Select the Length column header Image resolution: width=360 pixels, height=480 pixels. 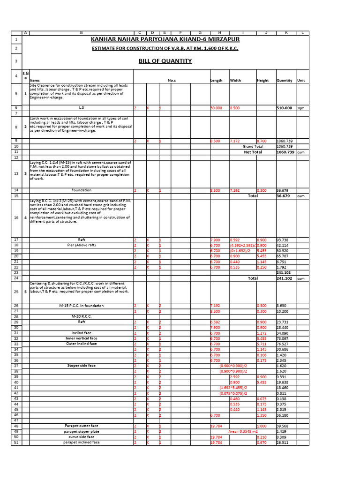(x=216, y=80)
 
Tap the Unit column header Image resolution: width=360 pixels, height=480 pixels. (x=300, y=80)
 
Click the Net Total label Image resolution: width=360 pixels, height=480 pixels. (x=253, y=152)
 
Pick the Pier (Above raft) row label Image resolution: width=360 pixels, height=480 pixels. (x=81, y=245)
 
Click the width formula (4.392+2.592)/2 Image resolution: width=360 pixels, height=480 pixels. (x=242, y=245)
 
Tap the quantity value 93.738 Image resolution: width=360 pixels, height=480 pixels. (x=283, y=240)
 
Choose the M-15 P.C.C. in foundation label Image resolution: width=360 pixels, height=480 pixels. (x=81, y=306)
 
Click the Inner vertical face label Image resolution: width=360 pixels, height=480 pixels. (x=81, y=338)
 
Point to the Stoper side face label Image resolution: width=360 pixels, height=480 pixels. (x=81, y=366)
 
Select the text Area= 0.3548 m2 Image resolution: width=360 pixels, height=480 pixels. (x=243, y=431)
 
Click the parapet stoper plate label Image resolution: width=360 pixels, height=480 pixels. (x=81, y=431)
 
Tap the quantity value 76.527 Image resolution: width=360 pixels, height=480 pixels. (x=283, y=344)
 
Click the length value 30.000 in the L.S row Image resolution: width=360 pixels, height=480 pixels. (x=216, y=108)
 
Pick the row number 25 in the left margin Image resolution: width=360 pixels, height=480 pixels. (x=16, y=292)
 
